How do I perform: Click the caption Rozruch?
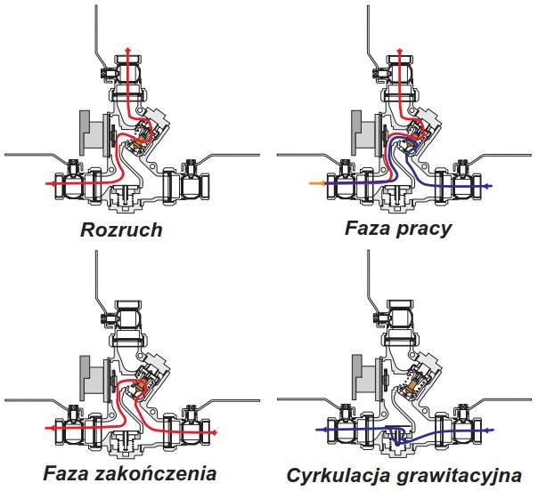click(121, 229)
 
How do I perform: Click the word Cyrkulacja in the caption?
click(338, 476)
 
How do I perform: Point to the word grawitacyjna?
click(459, 476)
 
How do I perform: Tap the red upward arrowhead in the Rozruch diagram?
click(128, 51)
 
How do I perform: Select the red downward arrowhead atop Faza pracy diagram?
click(399, 52)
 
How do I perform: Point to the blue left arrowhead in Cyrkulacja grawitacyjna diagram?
click(319, 429)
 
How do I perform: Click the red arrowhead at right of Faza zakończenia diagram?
click(213, 432)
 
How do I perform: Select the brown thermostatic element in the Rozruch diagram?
click(142, 139)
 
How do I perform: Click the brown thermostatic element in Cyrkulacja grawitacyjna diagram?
click(412, 386)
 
